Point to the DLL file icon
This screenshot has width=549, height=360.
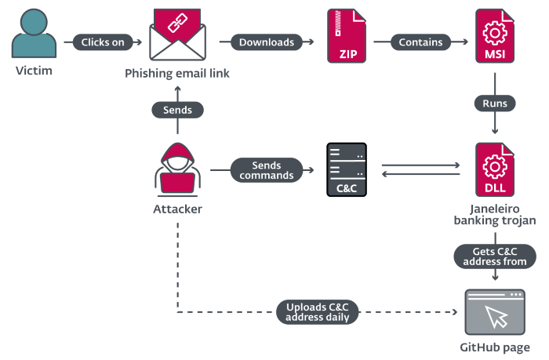(x=495, y=169)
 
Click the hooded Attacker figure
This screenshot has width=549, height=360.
(x=176, y=169)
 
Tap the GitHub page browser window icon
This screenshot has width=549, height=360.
(x=495, y=312)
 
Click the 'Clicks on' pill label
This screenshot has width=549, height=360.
(x=103, y=42)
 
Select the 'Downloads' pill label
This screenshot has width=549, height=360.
(x=266, y=42)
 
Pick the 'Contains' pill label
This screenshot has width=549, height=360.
(x=420, y=42)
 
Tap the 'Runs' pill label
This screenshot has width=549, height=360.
(x=495, y=103)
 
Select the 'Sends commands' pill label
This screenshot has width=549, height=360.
(x=267, y=170)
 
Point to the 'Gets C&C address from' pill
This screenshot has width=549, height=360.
(x=495, y=256)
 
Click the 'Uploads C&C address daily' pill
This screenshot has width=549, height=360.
(x=318, y=311)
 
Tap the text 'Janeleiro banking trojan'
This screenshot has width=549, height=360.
(x=495, y=215)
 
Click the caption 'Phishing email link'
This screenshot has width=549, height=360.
(x=177, y=74)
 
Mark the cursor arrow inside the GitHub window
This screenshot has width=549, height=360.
(x=496, y=317)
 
